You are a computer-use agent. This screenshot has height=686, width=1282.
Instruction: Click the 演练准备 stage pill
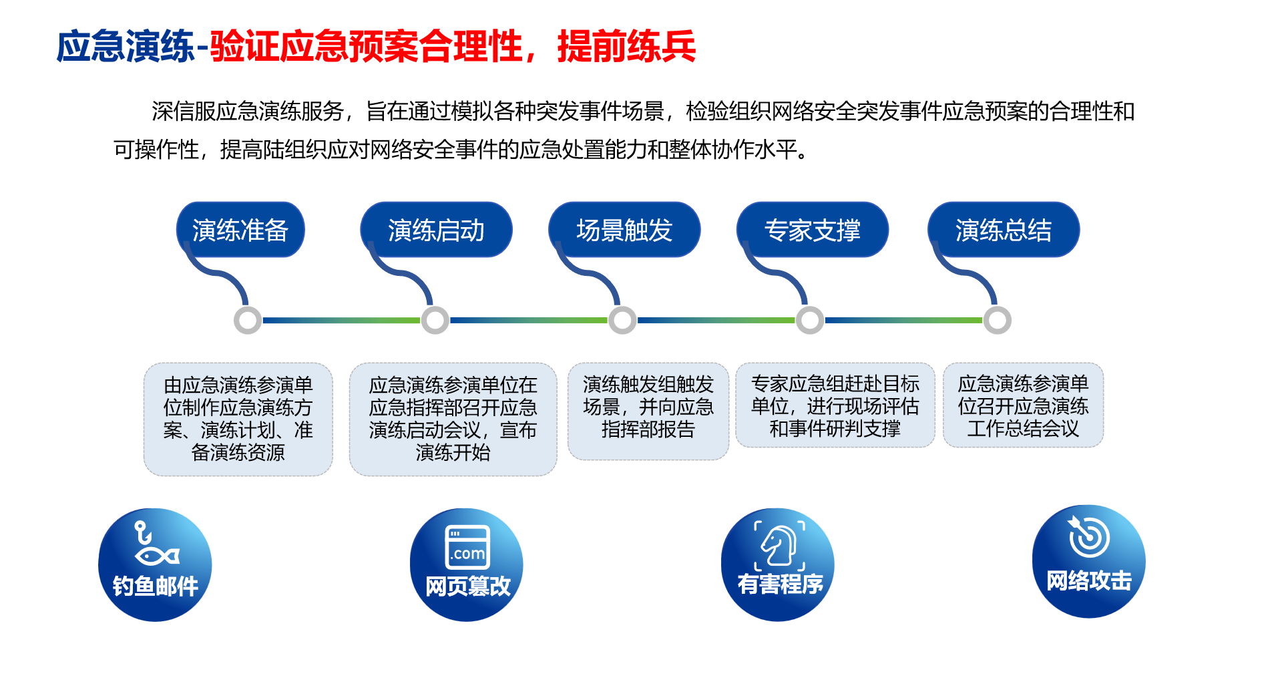[240, 230]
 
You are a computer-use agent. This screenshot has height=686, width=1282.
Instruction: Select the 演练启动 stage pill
[436, 230]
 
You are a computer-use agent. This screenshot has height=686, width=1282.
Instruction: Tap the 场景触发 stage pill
[624, 230]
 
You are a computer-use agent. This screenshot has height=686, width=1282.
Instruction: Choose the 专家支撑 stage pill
[813, 230]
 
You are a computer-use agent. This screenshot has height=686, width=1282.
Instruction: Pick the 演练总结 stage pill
[1004, 230]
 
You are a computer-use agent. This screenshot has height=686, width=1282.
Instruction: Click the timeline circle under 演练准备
[248, 321]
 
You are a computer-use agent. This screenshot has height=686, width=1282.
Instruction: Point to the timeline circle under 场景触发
[622, 321]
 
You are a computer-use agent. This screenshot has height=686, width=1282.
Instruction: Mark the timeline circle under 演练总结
[998, 321]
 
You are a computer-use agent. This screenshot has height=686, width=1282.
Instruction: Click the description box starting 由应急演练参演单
[238, 419]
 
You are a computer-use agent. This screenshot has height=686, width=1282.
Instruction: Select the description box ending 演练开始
[453, 419]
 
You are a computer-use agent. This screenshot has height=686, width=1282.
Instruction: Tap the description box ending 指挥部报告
[648, 411]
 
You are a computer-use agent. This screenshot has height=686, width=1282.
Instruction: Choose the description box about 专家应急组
[835, 405]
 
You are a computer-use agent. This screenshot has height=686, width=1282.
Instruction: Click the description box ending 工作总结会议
[1024, 405]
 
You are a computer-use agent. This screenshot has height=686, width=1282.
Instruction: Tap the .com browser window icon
[468, 547]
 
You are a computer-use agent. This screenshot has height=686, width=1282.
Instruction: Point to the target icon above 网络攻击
[1088, 536]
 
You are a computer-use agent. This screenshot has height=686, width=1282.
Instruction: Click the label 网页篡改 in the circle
[468, 586]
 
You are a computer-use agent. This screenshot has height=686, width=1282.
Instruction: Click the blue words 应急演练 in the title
[126, 47]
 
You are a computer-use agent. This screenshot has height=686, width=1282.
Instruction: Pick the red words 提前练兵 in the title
[626, 47]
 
